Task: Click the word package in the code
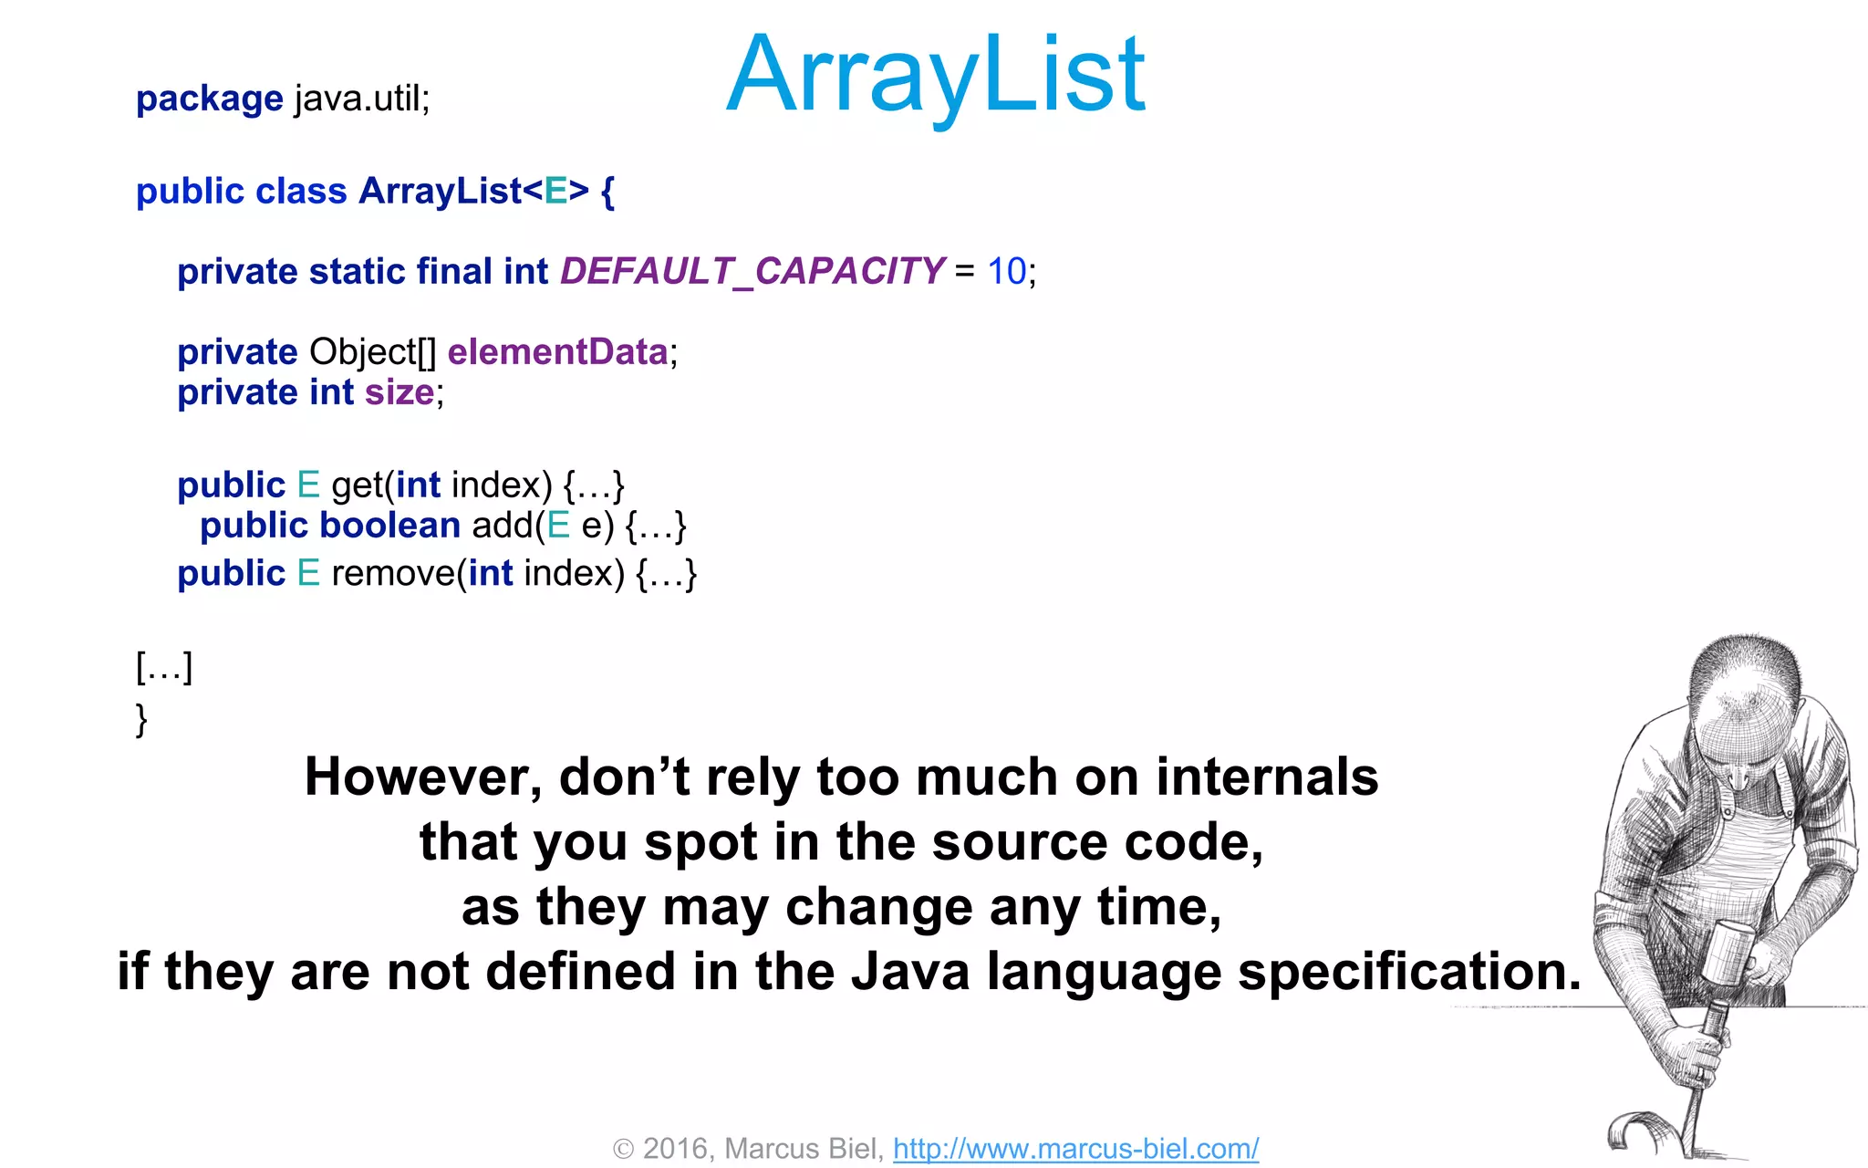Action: click(x=209, y=99)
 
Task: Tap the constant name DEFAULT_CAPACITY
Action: click(x=752, y=271)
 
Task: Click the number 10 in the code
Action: click(x=1006, y=271)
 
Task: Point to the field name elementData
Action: click(x=557, y=352)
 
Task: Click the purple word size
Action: click(x=399, y=392)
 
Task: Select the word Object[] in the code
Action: click(x=372, y=352)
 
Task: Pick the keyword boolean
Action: click(x=389, y=526)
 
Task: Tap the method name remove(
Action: click(x=398, y=573)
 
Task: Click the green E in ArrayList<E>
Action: click(x=555, y=192)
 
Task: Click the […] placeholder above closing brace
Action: click(x=164, y=667)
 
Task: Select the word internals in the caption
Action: click(x=1266, y=777)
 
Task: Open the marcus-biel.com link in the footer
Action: click(x=1075, y=1148)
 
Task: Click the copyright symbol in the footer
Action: click(x=623, y=1149)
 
